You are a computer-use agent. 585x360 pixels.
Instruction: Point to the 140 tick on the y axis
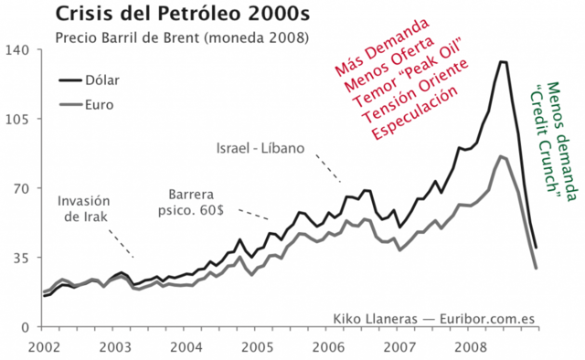[20, 49]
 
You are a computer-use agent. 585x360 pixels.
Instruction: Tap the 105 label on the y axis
[20, 119]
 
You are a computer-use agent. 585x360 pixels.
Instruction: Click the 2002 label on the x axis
[43, 346]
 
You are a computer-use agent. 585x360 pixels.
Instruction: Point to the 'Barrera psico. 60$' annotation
[205, 203]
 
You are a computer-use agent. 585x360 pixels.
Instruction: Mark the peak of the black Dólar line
[502, 61]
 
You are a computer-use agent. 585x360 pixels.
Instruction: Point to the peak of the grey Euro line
[502, 156]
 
